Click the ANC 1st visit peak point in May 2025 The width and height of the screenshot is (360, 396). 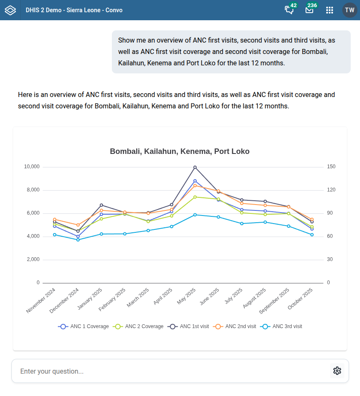coord(195,167)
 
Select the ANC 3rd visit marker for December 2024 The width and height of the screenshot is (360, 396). coord(78,240)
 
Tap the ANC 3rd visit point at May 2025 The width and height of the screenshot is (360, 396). coord(195,215)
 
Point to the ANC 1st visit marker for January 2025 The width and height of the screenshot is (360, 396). coord(101,205)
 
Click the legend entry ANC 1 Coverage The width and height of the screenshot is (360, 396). coord(84,326)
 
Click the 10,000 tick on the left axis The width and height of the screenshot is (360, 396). coord(32,167)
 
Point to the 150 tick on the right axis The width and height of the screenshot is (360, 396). coord(331,167)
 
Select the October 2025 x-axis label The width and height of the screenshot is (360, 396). coord(300,299)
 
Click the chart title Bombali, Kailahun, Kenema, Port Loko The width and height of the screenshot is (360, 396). coord(180,151)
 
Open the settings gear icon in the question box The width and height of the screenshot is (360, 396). coord(337,371)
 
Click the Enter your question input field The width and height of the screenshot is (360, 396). coord(169,371)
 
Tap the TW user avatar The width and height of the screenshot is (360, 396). coord(349,10)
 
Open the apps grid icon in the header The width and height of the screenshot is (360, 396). coord(330,10)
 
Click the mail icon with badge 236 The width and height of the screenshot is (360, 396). coord(309,10)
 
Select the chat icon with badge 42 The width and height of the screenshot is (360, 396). coord(289,10)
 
